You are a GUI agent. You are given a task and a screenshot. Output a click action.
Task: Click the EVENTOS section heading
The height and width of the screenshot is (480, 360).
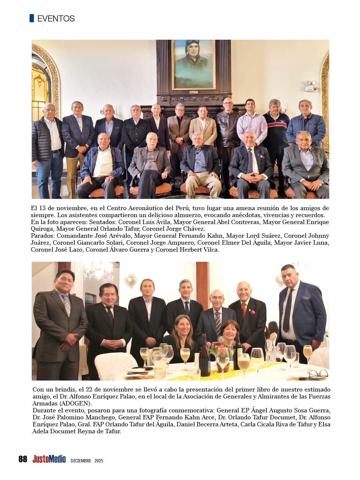56,19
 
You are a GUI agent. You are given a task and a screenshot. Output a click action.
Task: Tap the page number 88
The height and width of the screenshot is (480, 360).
23,459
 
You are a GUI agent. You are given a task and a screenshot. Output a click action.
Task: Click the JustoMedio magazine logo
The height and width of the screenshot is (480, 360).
49,459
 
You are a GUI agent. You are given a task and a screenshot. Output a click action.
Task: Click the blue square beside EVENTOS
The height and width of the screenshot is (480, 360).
32,18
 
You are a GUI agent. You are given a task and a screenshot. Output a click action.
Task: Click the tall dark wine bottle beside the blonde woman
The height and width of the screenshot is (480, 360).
204,356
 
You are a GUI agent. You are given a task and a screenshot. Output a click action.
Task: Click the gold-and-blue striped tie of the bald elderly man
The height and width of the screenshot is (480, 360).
217,324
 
